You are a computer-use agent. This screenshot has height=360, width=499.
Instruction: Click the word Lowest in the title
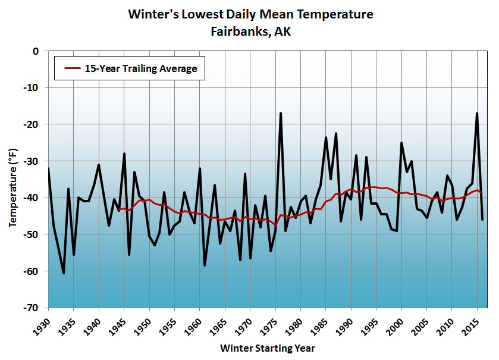(x=196, y=14)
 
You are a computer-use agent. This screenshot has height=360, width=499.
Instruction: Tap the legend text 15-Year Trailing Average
(x=140, y=68)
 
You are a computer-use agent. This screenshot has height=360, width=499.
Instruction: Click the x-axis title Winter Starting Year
(x=267, y=348)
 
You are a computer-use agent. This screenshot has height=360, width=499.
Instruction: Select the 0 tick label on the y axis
(x=35, y=51)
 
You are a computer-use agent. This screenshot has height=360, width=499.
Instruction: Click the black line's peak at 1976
(x=280, y=113)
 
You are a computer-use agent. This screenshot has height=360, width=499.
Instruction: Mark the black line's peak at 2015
(x=476, y=113)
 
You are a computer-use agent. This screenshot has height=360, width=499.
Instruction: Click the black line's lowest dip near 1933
(x=64, y=273)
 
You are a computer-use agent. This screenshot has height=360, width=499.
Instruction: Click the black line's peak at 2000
(x=401, y=143)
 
